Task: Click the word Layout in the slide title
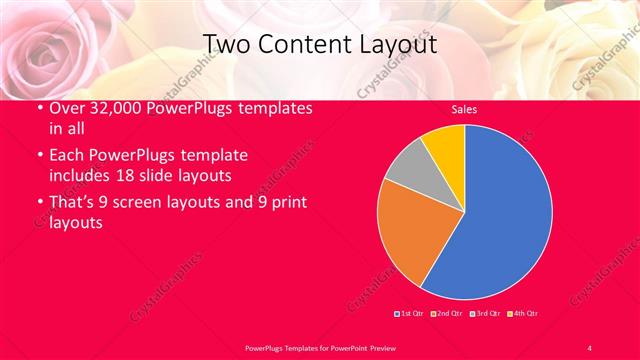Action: (395, 44)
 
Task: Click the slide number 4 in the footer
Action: (589, 347)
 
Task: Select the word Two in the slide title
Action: (226, 44)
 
